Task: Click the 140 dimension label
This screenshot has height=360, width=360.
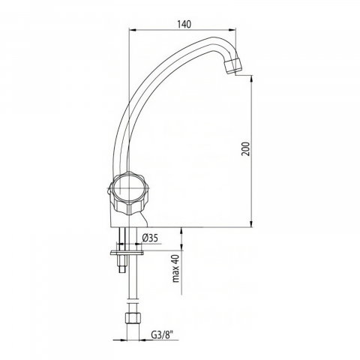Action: tap(184, 24)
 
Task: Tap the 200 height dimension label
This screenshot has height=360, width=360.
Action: tap(245, 148)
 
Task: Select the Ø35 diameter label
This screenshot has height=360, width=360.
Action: tap(150, 238)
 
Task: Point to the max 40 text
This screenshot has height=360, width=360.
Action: tap(176, 268)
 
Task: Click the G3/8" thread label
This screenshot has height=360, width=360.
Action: tap(162, 335)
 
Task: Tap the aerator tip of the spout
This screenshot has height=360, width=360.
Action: tap(233, 66)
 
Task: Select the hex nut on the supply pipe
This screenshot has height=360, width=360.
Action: tap(133, 318)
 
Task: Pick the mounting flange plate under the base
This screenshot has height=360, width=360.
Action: tap(127, 253)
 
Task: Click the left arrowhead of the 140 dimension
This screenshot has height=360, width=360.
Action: tap(132, 30)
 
